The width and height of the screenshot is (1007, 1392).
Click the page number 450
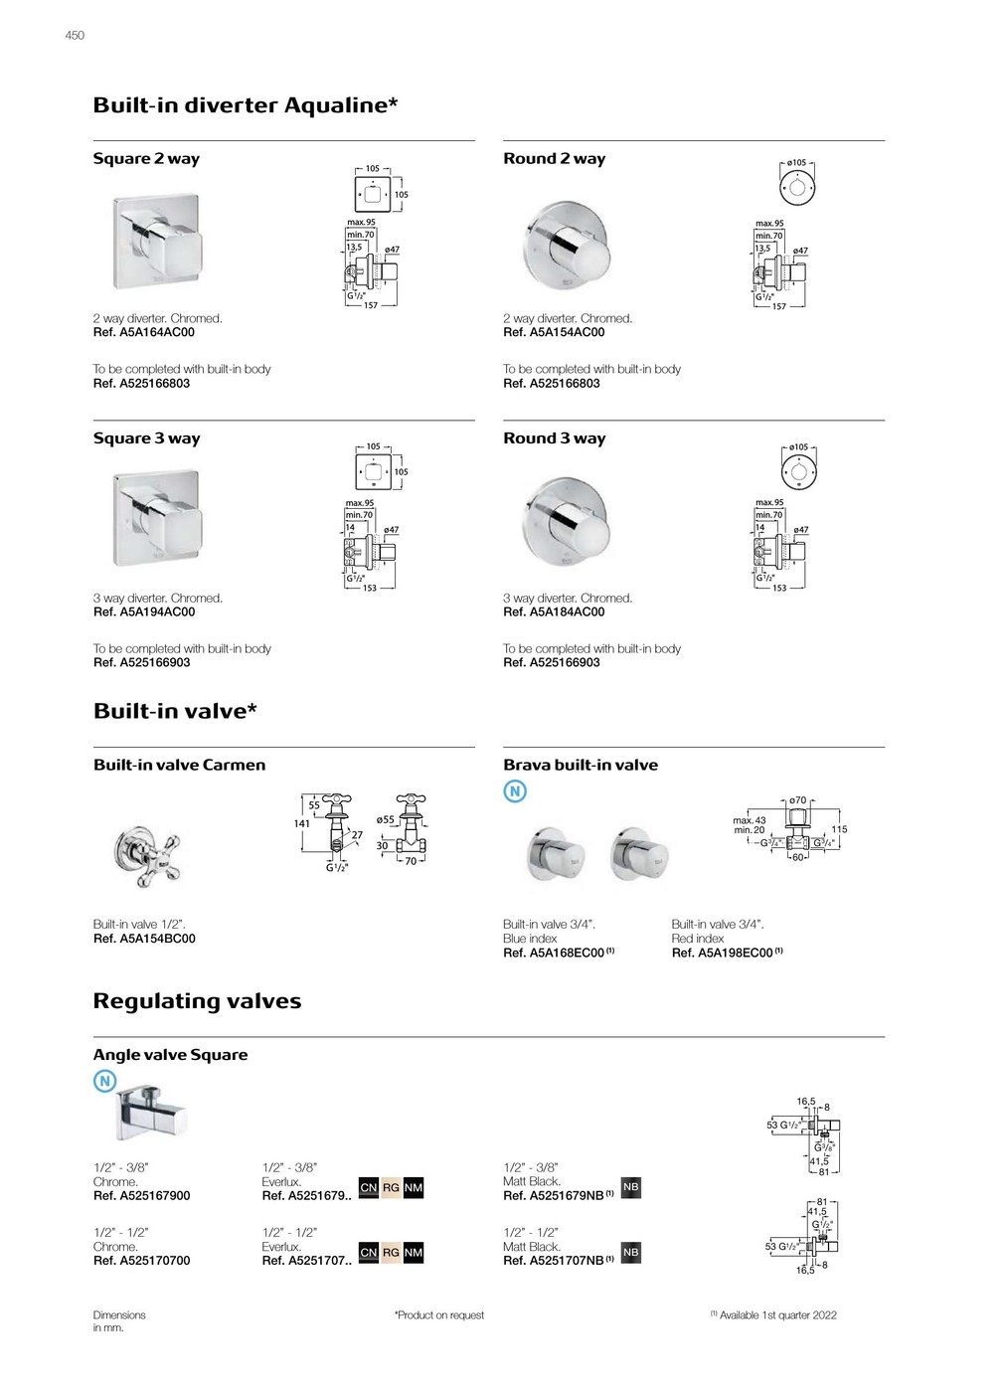coord(75,36)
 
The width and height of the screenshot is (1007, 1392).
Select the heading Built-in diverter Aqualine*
coord(246,105)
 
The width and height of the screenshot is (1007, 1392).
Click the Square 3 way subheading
coord(146,438)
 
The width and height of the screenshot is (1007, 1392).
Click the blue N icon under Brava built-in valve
coord(515,791)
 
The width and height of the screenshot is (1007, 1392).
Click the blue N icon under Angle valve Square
coord(104,1082)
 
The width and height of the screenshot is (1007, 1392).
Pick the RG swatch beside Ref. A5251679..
coord(391,1188)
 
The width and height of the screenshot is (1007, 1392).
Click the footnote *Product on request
coord(439,1315)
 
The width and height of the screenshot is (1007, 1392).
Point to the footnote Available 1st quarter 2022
coord(777,1315)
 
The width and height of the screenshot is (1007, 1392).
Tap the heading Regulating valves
coord(197,1001)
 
